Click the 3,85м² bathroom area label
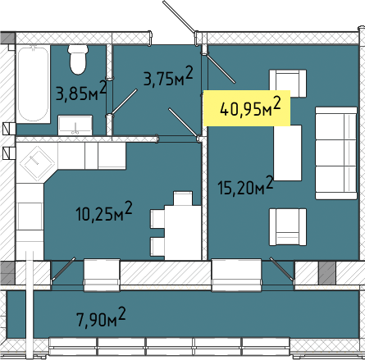point(81,91)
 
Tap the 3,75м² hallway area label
point(168,76)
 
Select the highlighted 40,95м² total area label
point(250,107)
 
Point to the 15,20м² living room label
point(245,186)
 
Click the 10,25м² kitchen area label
point(104,212)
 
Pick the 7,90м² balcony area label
point(101,317)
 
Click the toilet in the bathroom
point(78,60)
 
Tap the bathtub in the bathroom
point(33,84)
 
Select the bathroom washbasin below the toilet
point(75,125)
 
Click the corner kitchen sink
point(36,163)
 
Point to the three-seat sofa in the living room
point(336,153)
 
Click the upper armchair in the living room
point(288,84)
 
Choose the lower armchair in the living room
point(288,227)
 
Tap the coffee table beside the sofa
point(288,153)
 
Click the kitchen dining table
point(183,232)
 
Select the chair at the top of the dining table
point(183,198)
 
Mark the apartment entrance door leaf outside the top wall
point(179,16)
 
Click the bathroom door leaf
point(124,102)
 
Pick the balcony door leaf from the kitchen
point(63,268)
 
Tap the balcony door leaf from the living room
point(281,268)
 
